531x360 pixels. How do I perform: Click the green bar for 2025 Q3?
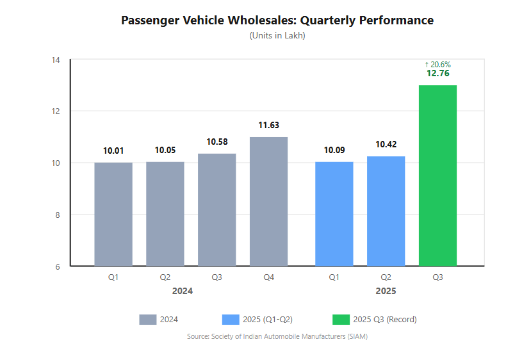click(437, 176)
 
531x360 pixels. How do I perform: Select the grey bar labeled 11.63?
click(268, 201)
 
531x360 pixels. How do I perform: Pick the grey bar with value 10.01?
click(113, 214)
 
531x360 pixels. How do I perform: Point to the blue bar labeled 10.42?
click(386, 211)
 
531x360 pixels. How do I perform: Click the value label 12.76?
click(437, 74)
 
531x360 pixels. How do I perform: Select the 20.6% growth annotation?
click(437, 64)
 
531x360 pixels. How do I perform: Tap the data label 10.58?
click(216, 142)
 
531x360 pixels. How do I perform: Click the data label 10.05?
click(165, 151)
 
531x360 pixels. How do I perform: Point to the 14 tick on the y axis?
click(56, 60)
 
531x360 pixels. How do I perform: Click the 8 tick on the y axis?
click(57, 215)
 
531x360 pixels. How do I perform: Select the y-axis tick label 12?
click(56, 111)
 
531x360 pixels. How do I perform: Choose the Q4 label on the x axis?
click(268, 277)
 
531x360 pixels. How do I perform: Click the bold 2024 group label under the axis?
click(183, 291)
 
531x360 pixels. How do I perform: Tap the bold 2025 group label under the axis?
click(386, 291)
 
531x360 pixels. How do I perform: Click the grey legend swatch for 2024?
click(147, 320)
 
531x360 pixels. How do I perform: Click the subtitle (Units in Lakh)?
click(277, 36)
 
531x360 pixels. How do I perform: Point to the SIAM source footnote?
click(277, 336)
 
